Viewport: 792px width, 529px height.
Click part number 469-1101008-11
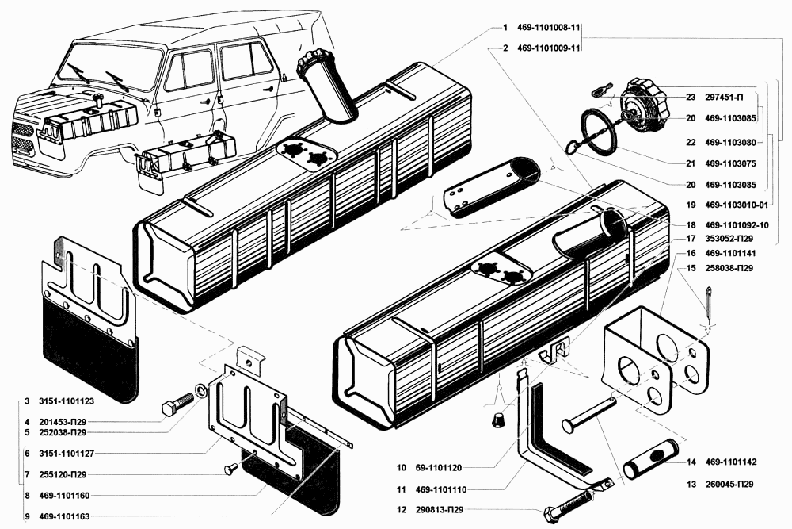549,28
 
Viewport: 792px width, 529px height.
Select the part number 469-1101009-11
549,48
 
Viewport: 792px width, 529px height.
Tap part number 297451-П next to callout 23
725,97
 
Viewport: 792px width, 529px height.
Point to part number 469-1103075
730,164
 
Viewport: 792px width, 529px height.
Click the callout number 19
691,205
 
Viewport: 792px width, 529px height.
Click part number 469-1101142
730,462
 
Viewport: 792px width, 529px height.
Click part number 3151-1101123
67,401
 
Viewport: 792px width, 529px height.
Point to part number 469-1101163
64,517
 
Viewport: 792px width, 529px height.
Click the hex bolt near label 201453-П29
177,404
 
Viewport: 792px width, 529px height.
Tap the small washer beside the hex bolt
201,389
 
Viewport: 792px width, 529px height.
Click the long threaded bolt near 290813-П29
578,498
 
